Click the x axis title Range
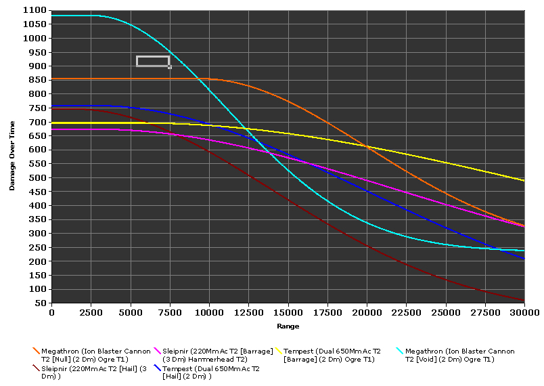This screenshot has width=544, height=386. pyautogui.click(x=288, y=326)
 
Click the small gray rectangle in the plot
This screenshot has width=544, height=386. pyautogui.click(x=153, y=62)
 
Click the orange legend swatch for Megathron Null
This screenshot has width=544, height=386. pyautogui.click(x=36, y=351)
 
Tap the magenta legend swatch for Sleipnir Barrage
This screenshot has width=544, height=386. pyautogui.click(x=158, y=351)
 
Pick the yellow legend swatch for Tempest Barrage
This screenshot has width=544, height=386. pyautogui.click(x=279, y=351)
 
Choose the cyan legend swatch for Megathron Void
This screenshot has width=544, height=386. pyautogui.click(x=400, y=351)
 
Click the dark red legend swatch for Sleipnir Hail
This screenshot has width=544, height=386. pyautogui.click(x=36, y=368)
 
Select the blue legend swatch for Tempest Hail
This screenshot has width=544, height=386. pyautogui.click(x=158, y=368)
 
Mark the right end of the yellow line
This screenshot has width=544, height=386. pyautogui.click(x=524, y=181)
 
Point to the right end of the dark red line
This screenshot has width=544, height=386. pyautogui.click(x=524, y=300)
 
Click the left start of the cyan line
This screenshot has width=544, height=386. pyautogui.click(x=52, y=16)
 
